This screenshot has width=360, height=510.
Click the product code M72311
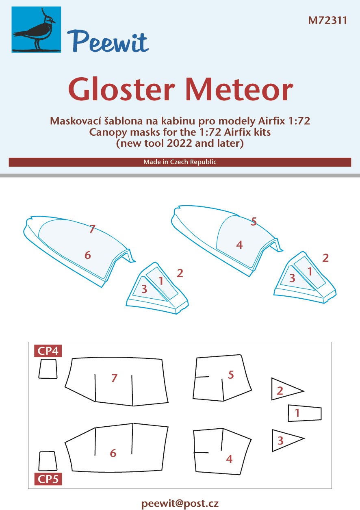[327, 20]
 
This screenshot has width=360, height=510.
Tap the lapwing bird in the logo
[34, 32]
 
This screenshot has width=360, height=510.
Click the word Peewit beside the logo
[108, 42]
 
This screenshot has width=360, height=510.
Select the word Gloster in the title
[122, 89]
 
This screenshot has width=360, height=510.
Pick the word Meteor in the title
[239, 89]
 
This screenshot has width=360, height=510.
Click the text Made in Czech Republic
[180, 162]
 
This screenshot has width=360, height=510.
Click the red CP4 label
[48, 351]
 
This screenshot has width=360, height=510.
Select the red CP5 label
[48, 479]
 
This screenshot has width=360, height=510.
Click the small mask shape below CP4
[48, 369]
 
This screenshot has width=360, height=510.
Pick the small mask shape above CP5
[48, 461]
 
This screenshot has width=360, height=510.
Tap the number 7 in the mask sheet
[114, 378]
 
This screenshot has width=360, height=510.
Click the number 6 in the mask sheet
[113, 453]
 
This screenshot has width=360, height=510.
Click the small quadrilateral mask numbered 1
[305, 413]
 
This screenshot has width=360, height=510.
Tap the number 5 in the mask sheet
[231, 375]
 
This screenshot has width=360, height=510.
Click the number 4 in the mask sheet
[229, 459]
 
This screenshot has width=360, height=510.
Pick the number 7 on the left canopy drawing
[92, 229]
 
